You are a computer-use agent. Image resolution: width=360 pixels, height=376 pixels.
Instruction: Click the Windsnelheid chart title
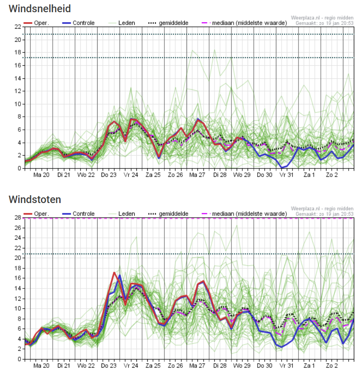pos(40,9)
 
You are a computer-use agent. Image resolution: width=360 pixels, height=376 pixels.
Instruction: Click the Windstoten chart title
pos(35,200)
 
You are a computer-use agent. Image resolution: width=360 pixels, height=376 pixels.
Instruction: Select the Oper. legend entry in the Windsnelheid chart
pos(36,23)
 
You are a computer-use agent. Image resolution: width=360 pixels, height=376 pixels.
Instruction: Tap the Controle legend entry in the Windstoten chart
pos(78,213)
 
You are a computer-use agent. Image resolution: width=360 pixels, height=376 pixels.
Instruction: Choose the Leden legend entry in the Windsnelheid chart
pos(122,23)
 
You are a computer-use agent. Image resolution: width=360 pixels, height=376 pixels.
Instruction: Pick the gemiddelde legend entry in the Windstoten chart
pos(168,213)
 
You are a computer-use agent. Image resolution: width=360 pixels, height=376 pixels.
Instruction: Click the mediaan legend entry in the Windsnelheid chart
pos(244,23)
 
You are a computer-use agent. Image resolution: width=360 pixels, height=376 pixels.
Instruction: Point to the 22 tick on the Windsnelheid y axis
pos(18,27)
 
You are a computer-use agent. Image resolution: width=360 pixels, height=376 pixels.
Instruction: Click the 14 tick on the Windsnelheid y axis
pos(18,78)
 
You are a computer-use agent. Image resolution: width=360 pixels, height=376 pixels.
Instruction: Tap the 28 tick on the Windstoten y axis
pos(18,218)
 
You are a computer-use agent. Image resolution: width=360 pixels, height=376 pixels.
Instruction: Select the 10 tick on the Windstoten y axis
pos(18,308)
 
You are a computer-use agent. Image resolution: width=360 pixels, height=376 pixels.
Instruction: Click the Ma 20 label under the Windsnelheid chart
pos(41,175)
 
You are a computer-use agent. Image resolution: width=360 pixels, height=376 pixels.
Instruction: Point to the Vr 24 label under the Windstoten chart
pos(131,366)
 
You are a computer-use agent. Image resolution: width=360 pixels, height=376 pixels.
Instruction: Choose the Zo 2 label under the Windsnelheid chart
pos(332,175)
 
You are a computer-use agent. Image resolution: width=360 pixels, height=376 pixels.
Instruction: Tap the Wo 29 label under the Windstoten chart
pos(242,366)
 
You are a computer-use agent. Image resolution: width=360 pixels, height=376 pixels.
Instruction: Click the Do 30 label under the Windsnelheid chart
pos(265,175)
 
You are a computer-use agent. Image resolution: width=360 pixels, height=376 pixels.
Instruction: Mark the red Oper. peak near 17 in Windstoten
pos(114,273)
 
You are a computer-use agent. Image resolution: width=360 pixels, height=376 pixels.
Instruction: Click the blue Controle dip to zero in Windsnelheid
pos(282,168)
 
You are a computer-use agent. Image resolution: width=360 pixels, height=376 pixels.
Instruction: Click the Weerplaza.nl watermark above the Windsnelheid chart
pos(322,18)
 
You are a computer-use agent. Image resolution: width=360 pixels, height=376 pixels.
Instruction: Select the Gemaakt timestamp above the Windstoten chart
pos(325,214)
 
